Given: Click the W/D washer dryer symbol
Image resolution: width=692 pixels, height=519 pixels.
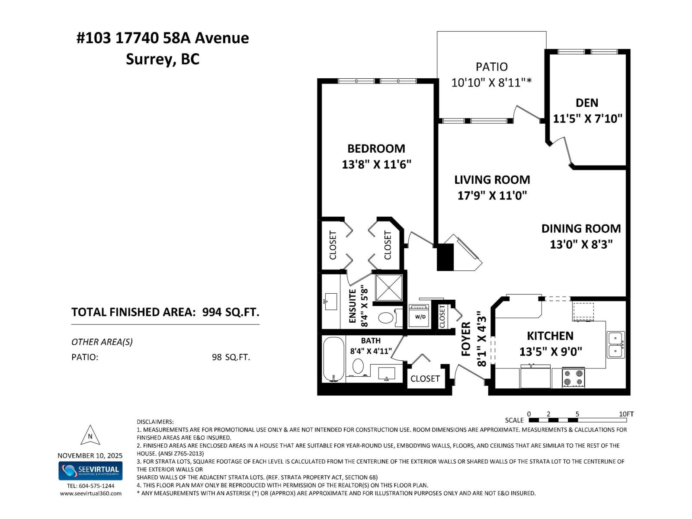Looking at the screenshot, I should [420, 316].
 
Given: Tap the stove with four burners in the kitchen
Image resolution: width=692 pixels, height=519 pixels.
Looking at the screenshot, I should [573, 377].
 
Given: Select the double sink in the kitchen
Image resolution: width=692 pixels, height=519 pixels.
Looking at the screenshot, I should [615, 344].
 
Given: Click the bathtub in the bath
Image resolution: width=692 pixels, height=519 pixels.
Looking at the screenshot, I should [333, 359].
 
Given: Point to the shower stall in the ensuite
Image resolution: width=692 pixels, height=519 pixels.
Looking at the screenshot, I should [388, 287].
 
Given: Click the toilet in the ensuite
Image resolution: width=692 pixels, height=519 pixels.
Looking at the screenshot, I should [386, 318].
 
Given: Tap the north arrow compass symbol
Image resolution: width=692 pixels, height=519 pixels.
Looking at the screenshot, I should [90, 435].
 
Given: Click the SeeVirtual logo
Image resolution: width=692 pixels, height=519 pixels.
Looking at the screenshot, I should [90, 471].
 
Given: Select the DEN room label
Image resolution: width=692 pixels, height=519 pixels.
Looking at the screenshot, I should [586, 103].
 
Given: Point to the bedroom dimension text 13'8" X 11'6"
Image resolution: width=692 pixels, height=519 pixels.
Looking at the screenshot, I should [376, 164].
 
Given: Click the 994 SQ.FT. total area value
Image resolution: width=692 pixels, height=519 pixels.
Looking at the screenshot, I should [231, 312].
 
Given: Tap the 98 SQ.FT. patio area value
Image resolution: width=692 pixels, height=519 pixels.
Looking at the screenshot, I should [231, 357].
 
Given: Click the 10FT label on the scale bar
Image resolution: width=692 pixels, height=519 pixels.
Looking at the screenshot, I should [625, 414].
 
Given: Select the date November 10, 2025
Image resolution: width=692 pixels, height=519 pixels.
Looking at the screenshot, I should [90, 455].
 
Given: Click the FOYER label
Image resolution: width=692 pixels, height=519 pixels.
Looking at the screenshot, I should [466, 339].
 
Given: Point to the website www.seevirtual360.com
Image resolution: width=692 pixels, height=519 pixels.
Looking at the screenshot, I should [90, 493].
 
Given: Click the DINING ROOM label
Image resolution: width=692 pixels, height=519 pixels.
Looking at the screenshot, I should [580, 228].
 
